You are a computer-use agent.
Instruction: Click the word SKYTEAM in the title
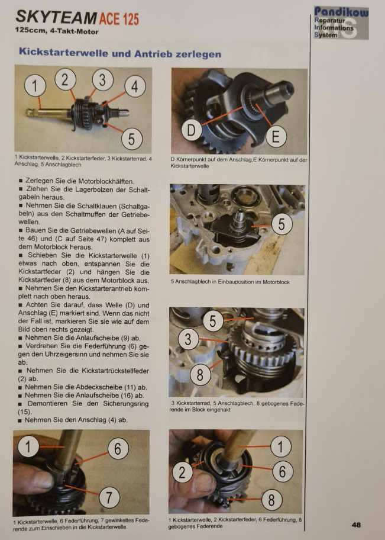point(56,17)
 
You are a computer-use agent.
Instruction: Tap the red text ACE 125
point(119,19)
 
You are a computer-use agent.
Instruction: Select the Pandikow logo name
point(341,12)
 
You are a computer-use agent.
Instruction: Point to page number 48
point(356,525)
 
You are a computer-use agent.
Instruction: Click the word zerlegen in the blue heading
point(198,54)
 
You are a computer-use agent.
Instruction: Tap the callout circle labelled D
point(191,130)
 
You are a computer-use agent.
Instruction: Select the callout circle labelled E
point(276,136)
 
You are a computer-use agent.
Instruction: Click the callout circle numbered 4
point(135,86)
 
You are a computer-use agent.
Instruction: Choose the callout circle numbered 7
point(109,497)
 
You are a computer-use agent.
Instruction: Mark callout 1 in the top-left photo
point(35,86)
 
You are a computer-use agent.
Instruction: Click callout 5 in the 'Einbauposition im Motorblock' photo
point(282,224)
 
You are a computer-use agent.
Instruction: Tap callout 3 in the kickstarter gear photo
point(188,339)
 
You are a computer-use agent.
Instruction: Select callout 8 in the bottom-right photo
point(271,500)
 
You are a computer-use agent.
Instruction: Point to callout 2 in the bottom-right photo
point(182,472)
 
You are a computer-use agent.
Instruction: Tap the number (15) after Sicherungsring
point(24,412)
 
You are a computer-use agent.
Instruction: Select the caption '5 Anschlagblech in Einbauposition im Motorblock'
point(230,282)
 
